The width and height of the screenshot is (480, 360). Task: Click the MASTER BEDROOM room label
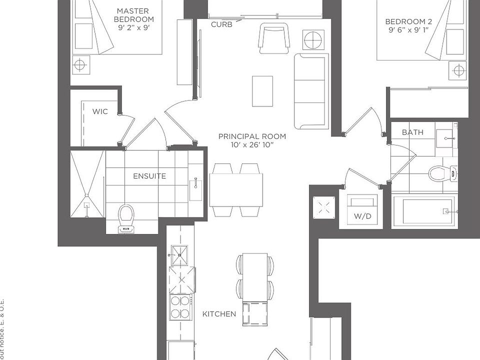pos(133,15)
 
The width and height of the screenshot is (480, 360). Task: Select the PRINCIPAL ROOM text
pos(252,136)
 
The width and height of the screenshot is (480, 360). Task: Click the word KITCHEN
pos(219,314)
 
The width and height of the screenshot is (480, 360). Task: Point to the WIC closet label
pos(100,111)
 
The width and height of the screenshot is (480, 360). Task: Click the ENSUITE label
pos(149,176)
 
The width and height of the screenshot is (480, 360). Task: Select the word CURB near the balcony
pos(221,24)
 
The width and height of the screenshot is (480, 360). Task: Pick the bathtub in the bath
pos(424,211)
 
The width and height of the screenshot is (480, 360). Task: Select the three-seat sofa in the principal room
pos(310,91)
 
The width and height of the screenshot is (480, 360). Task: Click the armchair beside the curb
pos(274,38)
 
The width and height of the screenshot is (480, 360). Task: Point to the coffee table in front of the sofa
pos(262,91)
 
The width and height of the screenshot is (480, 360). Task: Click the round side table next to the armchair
pos(313,39)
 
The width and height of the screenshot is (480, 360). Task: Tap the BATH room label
pos(412,132)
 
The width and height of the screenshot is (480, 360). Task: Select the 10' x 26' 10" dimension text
pos(252,145)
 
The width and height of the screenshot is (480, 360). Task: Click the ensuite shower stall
pos(87,184)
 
